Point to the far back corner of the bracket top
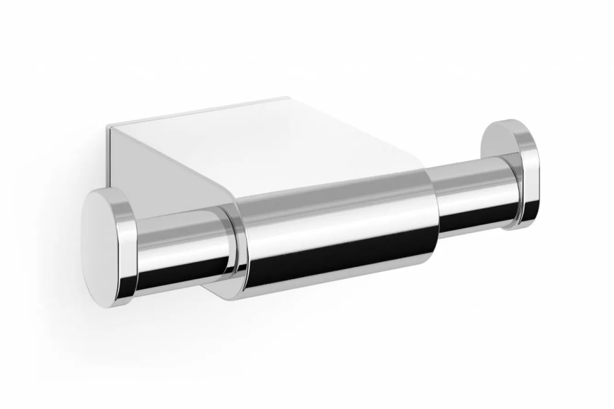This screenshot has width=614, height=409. tap(287, 98)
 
